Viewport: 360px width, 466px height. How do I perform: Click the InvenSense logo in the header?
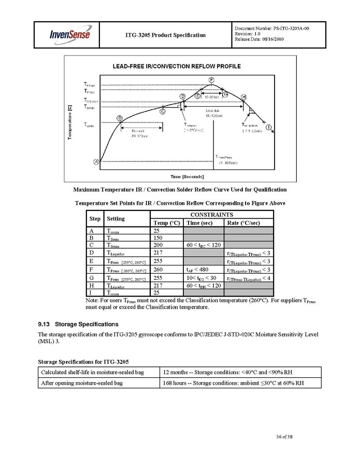point(70,35)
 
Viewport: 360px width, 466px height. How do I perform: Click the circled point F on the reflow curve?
point(212,79)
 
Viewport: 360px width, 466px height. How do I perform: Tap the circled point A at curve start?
point(96,162)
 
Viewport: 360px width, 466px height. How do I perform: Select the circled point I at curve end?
point(269,127)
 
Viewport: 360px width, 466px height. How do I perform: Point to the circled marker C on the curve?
point(163,111)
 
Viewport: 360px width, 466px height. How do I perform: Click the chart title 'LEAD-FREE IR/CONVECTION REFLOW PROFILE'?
point(177,66)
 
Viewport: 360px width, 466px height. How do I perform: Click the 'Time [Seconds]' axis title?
point(177,177)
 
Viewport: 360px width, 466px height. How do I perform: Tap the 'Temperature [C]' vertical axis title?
point(70,122)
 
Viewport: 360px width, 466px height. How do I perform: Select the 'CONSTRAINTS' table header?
point(211,215)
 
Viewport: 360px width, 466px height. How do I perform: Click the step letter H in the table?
point(91,286)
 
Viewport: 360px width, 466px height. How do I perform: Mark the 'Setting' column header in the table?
point(116,219)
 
